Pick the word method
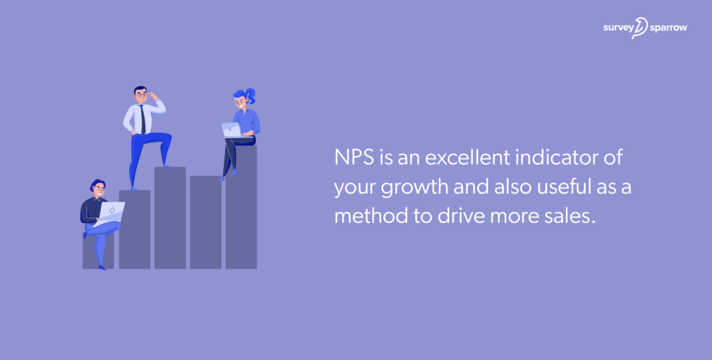coord(368,215)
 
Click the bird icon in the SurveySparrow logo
coord(639,28)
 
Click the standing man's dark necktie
coord(143,119)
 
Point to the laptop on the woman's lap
coord(231,129)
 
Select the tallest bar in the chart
coord(241,208)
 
